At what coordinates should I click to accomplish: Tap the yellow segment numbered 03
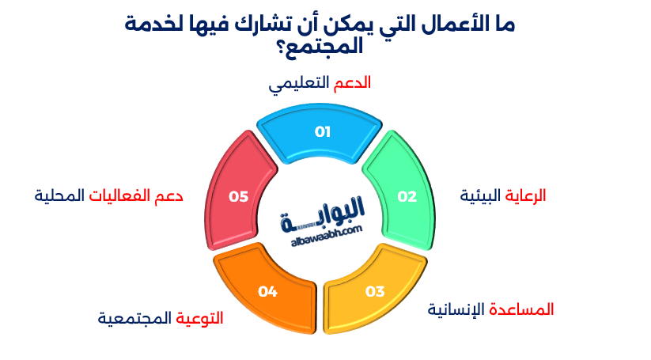coord(374,290)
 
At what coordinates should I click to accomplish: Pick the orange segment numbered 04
coord(267,290)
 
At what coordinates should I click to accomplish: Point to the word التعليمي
coord(299,84)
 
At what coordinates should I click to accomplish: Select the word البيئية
coord(480,195)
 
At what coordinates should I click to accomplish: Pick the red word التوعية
coord(199,318)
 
